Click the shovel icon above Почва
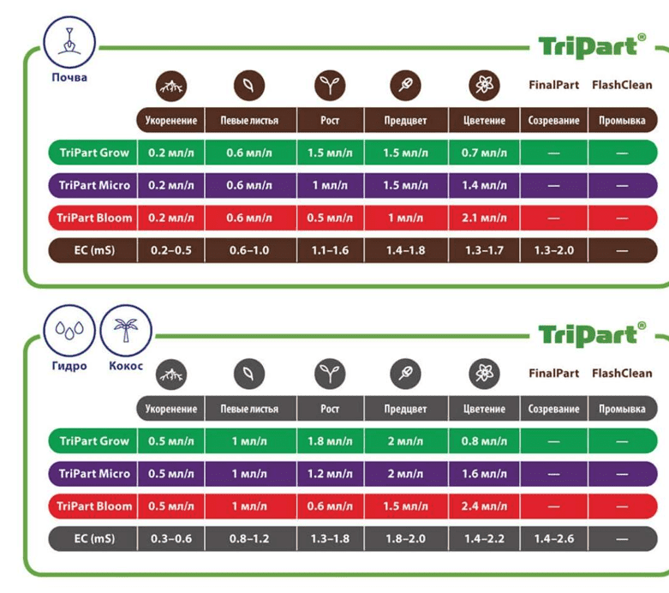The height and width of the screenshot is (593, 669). [x=69, y=40]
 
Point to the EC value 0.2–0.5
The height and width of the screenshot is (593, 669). [x=171, y=250]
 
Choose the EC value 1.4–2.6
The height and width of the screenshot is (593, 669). [x=553, y=538]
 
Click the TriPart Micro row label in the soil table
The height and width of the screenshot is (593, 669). [x=94, y=185]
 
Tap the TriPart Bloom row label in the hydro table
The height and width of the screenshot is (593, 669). [x=94, y=506]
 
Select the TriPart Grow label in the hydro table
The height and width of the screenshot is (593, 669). [x=94, y=441]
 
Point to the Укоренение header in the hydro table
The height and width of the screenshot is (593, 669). [x=171, y=409]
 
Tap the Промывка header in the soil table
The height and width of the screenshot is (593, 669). [x=622, y=121]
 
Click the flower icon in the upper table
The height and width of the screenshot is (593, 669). [x=484, y=86]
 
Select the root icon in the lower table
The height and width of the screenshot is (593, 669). [x=171, y=374]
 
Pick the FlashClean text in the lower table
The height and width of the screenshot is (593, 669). [x=622, y=373]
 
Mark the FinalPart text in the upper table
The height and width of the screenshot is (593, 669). [x=553, y=85]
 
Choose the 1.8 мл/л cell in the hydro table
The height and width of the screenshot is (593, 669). [x=330, y=441]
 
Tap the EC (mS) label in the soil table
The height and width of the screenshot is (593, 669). [x=94, y=250]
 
